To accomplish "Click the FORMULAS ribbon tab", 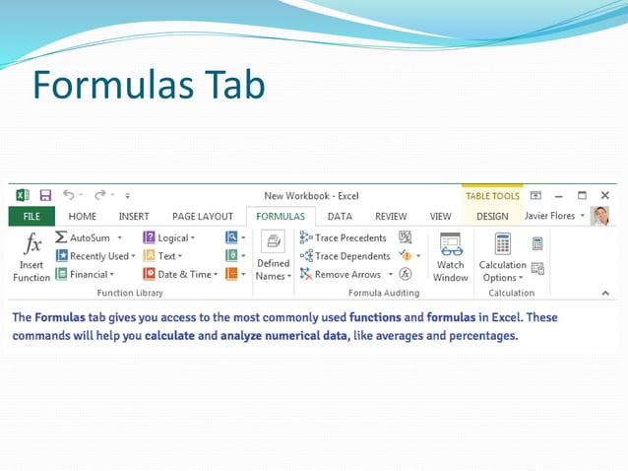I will click(281, 216).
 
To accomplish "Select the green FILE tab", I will click(31, 216).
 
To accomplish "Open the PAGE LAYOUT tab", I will click(202, 216).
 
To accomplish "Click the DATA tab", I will click(340, 216).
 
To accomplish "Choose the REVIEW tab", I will click(391, 216).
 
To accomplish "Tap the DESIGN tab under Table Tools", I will click(492, 216).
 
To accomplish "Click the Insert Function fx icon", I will click(31, 244).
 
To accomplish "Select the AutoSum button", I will click(89, 237).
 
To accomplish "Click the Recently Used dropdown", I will click(95, 256).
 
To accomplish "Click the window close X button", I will click(604, 195).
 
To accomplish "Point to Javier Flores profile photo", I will click(599, 216).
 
